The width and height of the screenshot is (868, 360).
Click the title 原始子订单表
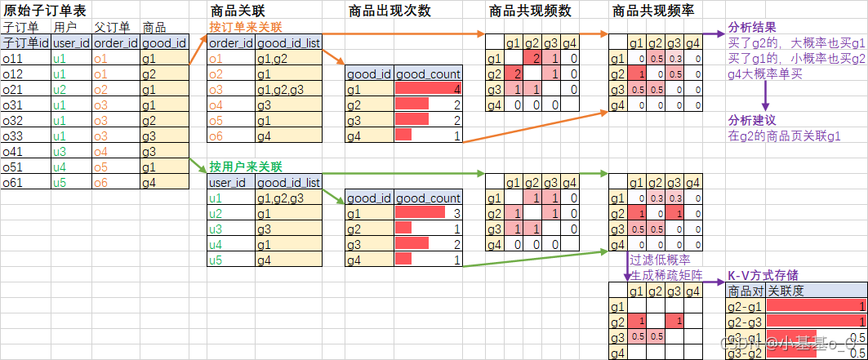coord(40,11)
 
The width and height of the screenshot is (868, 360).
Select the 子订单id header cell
coord(25,42)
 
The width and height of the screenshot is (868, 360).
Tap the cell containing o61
coord(12,182)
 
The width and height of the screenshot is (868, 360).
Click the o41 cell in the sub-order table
coord(12,151)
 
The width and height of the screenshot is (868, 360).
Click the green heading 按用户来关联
coord(245,167)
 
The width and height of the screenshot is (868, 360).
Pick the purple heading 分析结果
coord(751,27)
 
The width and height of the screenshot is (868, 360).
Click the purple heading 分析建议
coord(751,120)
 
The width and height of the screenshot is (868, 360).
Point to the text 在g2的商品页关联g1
coord(784,136)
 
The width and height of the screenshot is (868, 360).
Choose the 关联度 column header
coord(784,291)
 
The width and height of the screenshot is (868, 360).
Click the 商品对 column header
coord(745,291)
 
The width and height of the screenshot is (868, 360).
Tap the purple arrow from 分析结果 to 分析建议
coord(765,96)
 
